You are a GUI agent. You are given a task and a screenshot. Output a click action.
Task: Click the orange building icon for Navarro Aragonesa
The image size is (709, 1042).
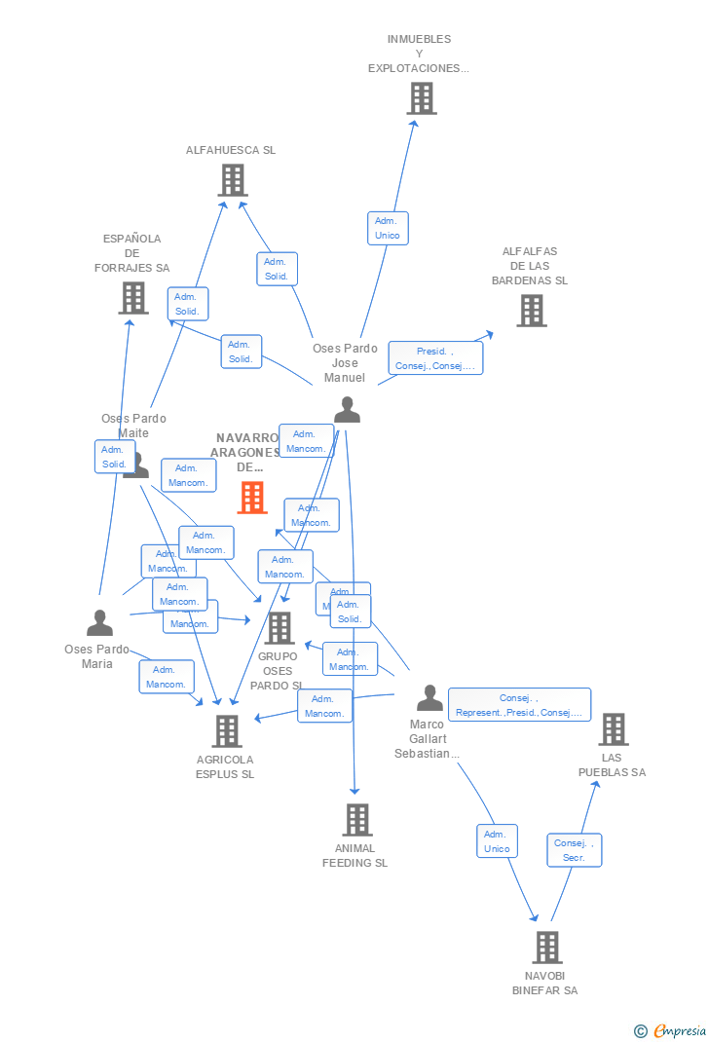pyautogui.click(x=252, y=498)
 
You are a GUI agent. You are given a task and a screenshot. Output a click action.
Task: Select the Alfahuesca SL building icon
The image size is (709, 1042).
pyautogui.click(x=233, y=180)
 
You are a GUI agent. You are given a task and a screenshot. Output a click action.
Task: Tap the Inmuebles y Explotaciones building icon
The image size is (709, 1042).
pyautogui.click(x=421, y=98)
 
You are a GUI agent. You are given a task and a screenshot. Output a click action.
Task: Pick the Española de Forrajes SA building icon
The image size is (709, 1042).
pyautogui.click(x=133, y=298)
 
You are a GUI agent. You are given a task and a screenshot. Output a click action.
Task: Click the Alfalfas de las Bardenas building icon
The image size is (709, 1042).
pyautogui.click(x=531, y=311)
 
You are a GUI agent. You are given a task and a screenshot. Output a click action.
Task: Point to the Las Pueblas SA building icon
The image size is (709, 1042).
pyautogui.click(x=613, y=729)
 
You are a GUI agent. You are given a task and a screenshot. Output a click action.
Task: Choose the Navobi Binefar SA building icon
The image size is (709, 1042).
pyautogui.click(x=546, y=948)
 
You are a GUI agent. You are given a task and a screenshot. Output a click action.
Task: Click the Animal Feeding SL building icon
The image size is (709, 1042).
pyautogui.click(x=356, y=820)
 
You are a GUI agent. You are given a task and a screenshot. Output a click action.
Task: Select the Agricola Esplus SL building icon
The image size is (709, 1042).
pyautogui.click(x=227, y=731)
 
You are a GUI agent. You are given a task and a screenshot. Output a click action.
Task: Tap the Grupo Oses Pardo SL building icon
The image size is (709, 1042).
pyautogui.click(x=280, y=628)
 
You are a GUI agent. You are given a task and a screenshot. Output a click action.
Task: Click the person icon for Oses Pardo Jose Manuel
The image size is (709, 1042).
pyautogui.click(x=347, y=410)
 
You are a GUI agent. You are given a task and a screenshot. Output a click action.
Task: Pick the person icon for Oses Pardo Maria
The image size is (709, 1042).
pyautogui.click(x=99, y=623)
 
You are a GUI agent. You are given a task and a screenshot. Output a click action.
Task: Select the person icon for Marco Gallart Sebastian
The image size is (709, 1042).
pyautogui.click(x=429, y=698)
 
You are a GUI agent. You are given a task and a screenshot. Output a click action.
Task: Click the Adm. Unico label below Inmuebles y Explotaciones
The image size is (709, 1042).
pyautogui.click(x=388, y=228)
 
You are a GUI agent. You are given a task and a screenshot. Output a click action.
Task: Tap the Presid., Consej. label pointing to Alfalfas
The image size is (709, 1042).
pyautogui.click(x=435, y=358)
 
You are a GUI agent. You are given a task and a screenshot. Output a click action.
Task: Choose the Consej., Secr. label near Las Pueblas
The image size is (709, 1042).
pyautogui.click(x=574, y=850)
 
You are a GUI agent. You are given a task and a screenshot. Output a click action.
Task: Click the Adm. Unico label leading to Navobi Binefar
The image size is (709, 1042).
pyautogui.click(x=497, y=841)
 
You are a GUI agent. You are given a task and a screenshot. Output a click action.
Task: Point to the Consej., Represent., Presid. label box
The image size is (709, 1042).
pyautogui.click(x=519, y=704)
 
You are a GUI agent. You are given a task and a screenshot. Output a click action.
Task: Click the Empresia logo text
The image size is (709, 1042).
pyautogui.click(x=679, y=1030)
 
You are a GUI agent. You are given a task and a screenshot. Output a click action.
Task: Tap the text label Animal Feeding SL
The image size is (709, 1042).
pyautogui.click(x=354, y=855)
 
